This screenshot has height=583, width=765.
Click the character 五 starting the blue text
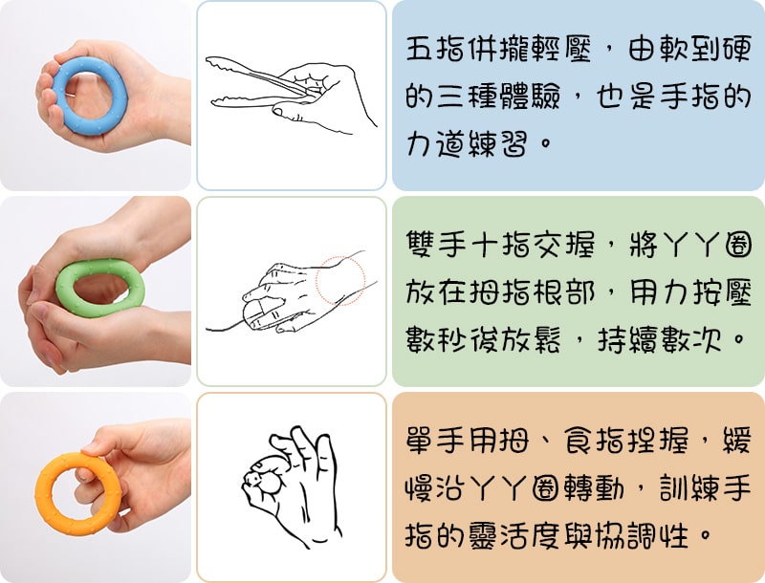[420, 50]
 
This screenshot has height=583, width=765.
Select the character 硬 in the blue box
[736, 50]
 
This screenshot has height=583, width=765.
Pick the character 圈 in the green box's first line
[737, 245]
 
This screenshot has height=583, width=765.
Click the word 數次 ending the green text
[691, 339]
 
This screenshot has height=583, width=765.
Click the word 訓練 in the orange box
[689, 488]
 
